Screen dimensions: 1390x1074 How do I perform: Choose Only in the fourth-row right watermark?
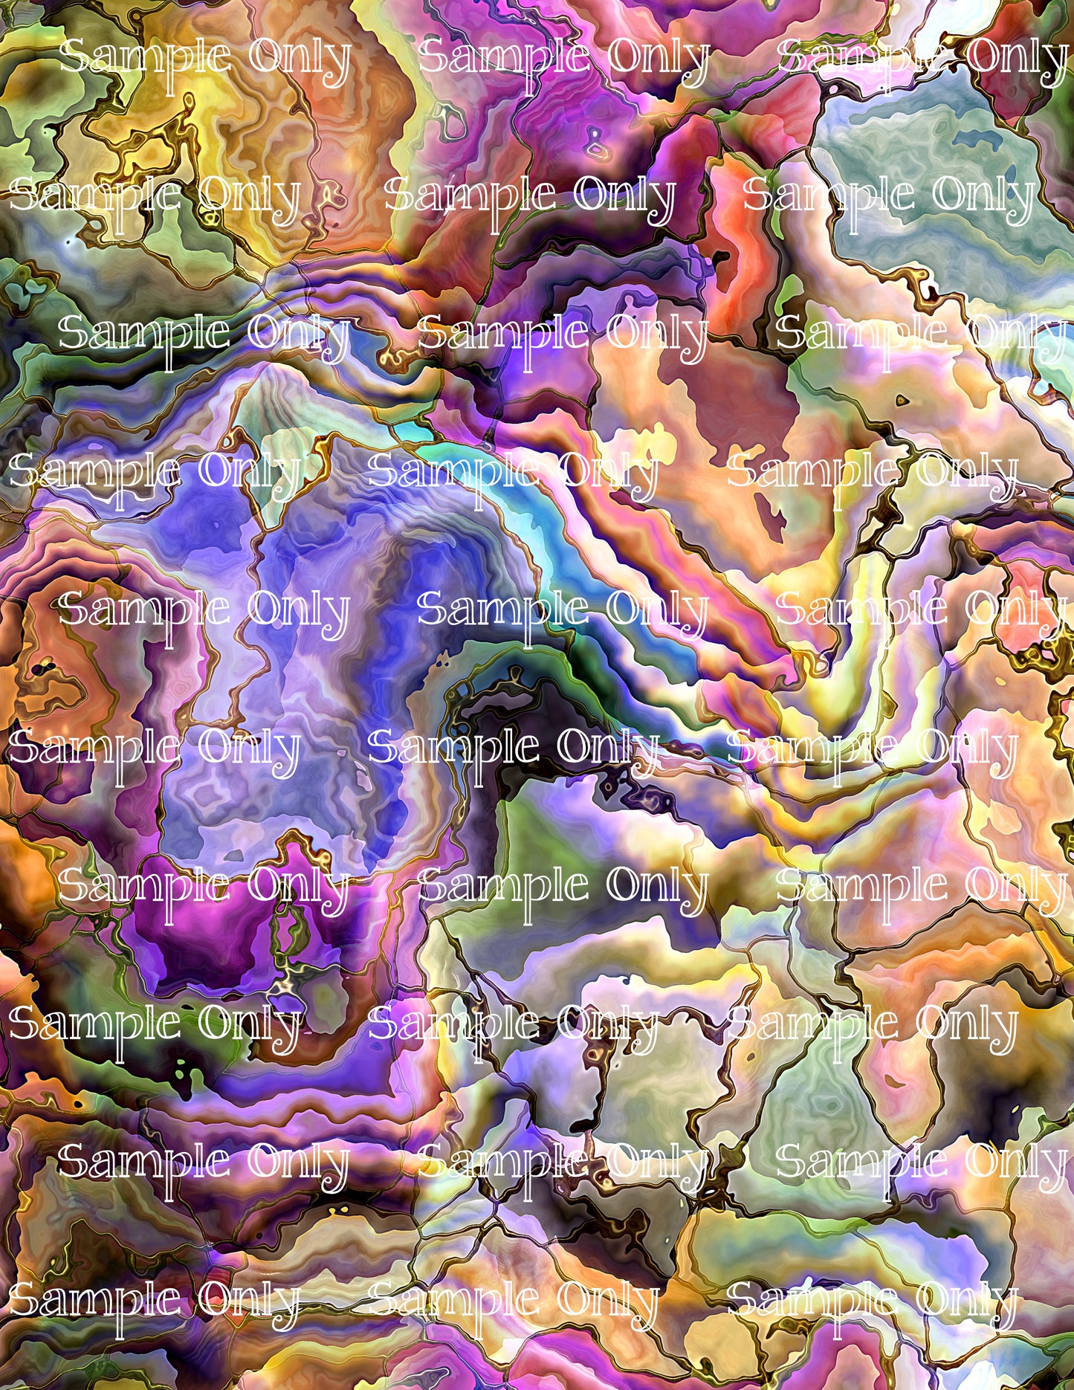(966, 472)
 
